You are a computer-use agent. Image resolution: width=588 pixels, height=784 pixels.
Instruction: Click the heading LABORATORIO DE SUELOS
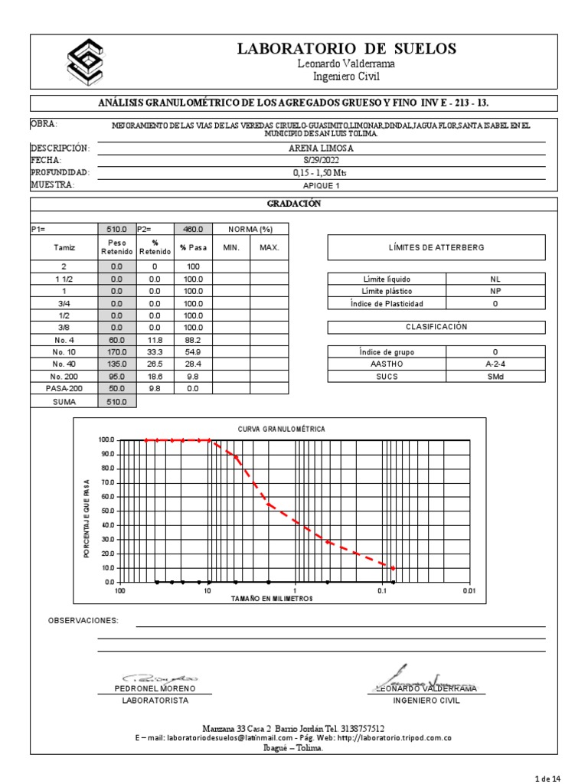[346, 49]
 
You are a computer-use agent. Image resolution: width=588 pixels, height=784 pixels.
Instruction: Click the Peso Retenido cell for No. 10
[117, 351]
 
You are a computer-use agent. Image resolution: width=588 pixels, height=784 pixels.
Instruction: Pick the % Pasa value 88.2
[193, 339]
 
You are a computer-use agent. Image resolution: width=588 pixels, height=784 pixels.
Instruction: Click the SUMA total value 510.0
[117, 401]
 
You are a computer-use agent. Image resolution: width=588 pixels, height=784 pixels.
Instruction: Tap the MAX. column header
[269, 247]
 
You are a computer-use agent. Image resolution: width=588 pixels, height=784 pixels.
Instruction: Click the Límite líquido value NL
[495, 279]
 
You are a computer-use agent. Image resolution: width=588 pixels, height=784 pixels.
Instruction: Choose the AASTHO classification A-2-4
[495, 364]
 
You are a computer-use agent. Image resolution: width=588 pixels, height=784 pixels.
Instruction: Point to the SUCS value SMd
[495, 377]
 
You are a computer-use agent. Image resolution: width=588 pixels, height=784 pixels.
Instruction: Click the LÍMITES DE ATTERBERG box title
[436, 247]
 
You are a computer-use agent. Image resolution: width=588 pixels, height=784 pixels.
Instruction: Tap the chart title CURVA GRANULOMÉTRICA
[281, 429]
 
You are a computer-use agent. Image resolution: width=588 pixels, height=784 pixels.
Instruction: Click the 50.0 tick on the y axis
[106, 511]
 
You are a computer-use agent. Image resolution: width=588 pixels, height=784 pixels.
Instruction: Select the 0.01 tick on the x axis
[469, 591]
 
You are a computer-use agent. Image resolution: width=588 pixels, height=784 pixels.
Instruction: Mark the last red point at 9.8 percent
[393, 568]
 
